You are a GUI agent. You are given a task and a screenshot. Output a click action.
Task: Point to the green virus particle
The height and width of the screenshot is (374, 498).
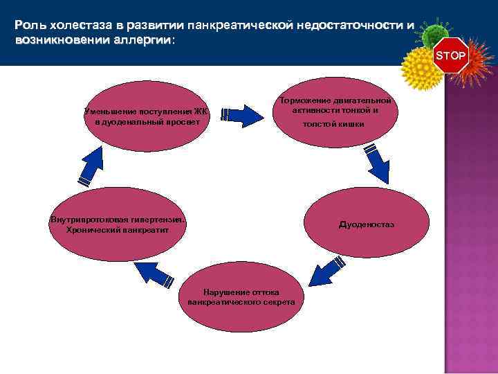435,34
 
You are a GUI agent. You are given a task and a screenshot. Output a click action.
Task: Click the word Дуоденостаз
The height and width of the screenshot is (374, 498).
366,225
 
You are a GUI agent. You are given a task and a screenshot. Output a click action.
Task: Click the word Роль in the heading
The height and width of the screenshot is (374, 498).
28,26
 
